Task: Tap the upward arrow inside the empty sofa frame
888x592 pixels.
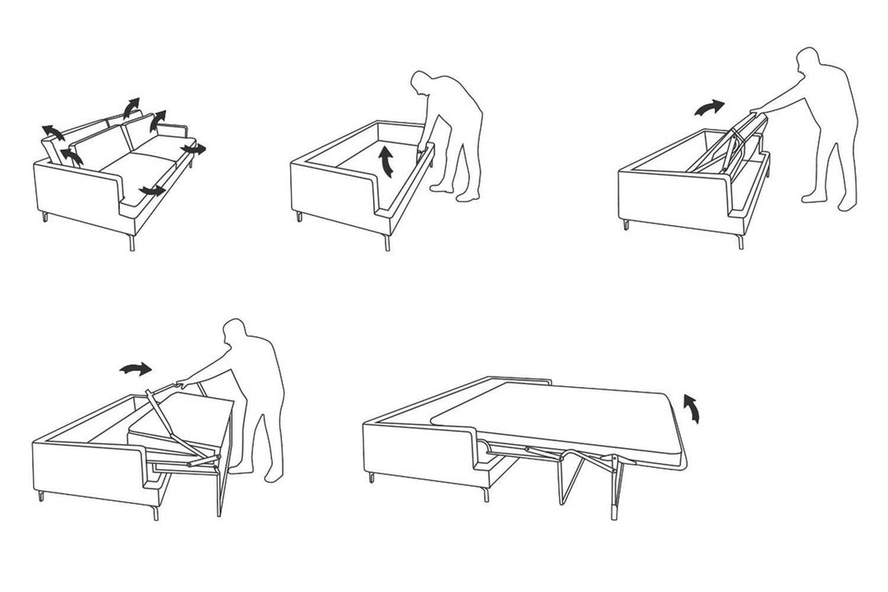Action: click(x=385, y=160)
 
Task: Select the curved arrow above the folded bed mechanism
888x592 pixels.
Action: click(x=710, y=108)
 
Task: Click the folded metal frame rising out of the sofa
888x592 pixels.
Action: click(x=728, y=144)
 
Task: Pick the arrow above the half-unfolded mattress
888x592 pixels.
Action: click(x=136, y=369)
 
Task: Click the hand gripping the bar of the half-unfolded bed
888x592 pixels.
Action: click(x=180, y=382)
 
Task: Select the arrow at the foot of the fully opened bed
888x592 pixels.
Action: click(x=693, y=407)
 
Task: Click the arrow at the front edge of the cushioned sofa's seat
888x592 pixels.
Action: click(x=151, y=191)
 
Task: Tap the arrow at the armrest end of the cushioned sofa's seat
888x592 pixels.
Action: click(x=196, y=149)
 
